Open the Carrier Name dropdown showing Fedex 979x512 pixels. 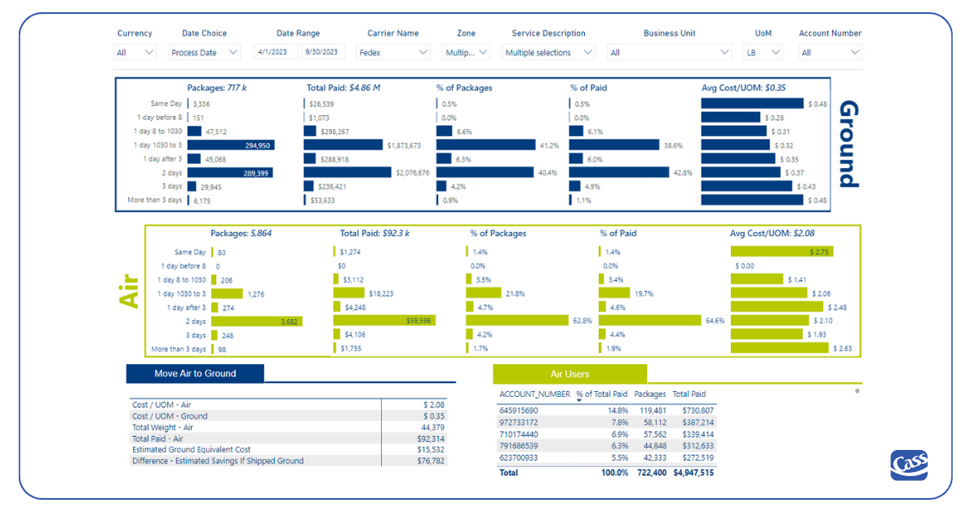[393, 52]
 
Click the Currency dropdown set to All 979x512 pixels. [135, 52]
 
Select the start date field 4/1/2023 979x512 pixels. [275, 52]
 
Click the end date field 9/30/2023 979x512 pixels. [322, 52]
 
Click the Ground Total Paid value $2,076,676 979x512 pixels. [412, 173]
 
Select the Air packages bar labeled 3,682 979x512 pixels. [256, 322]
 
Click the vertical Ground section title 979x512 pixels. [848, 144]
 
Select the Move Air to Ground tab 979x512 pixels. [195, 374]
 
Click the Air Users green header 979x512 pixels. [569, 374]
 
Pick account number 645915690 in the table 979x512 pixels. [519, 411]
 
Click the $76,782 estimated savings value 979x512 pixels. [429, 461]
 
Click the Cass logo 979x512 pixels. [908, 465]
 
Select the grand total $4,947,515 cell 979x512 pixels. [693, 473]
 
